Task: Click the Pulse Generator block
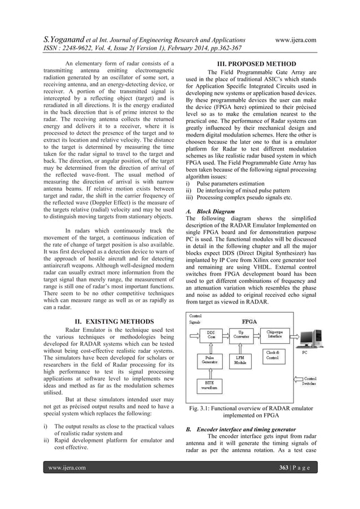[x=210, y=360]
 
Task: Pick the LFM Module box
[x=241, y=360]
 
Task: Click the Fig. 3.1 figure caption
[x=249, y=413]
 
